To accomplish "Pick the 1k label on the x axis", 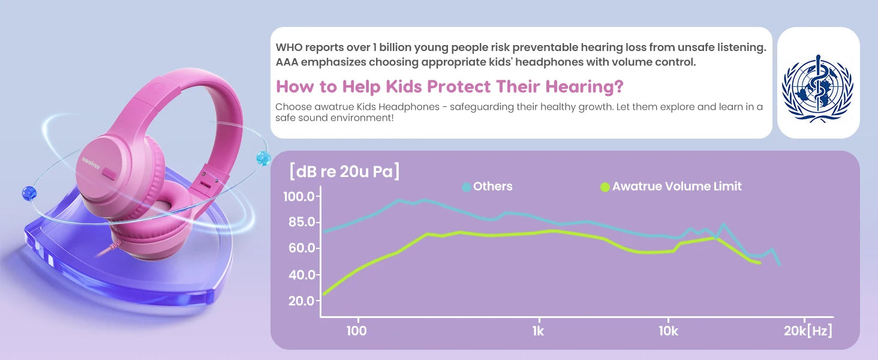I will point(538,331).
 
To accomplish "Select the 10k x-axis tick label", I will point(667,331).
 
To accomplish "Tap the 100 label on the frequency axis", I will point(356,331).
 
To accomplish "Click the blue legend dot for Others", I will point(467,187).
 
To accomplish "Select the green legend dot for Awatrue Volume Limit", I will point(605,187).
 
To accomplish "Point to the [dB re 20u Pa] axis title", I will point(344,172).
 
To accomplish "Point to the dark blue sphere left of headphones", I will point(28,193).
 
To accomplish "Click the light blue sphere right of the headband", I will point(263,158).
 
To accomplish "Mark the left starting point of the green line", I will point(324,294).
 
